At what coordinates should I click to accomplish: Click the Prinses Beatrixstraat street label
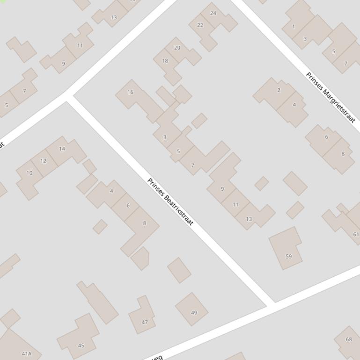[170, 202]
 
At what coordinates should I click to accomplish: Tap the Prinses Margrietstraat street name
[331, 97]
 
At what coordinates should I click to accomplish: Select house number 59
[288, 256]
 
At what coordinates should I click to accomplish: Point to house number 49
[194, 312]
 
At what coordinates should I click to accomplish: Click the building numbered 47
[145, 322]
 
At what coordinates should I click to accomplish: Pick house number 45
[81, 346]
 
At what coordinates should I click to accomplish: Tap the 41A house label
[27, 353]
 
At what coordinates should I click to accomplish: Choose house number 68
[348, 339]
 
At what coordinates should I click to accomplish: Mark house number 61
[356, 234]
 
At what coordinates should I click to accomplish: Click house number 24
[213, 13]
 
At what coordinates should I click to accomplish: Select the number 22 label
[200, 25]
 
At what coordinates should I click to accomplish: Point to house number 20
[177, 48]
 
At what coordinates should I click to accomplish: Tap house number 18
[165, 61]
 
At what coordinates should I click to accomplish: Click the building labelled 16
[130, 92]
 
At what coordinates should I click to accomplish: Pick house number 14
[62, 149]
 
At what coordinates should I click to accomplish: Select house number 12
[43, 161]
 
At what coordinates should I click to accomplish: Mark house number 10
[29, 173]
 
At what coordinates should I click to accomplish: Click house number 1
[294, 26]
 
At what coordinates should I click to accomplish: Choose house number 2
[279, 90]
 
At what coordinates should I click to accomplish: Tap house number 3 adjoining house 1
[305, 39]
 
